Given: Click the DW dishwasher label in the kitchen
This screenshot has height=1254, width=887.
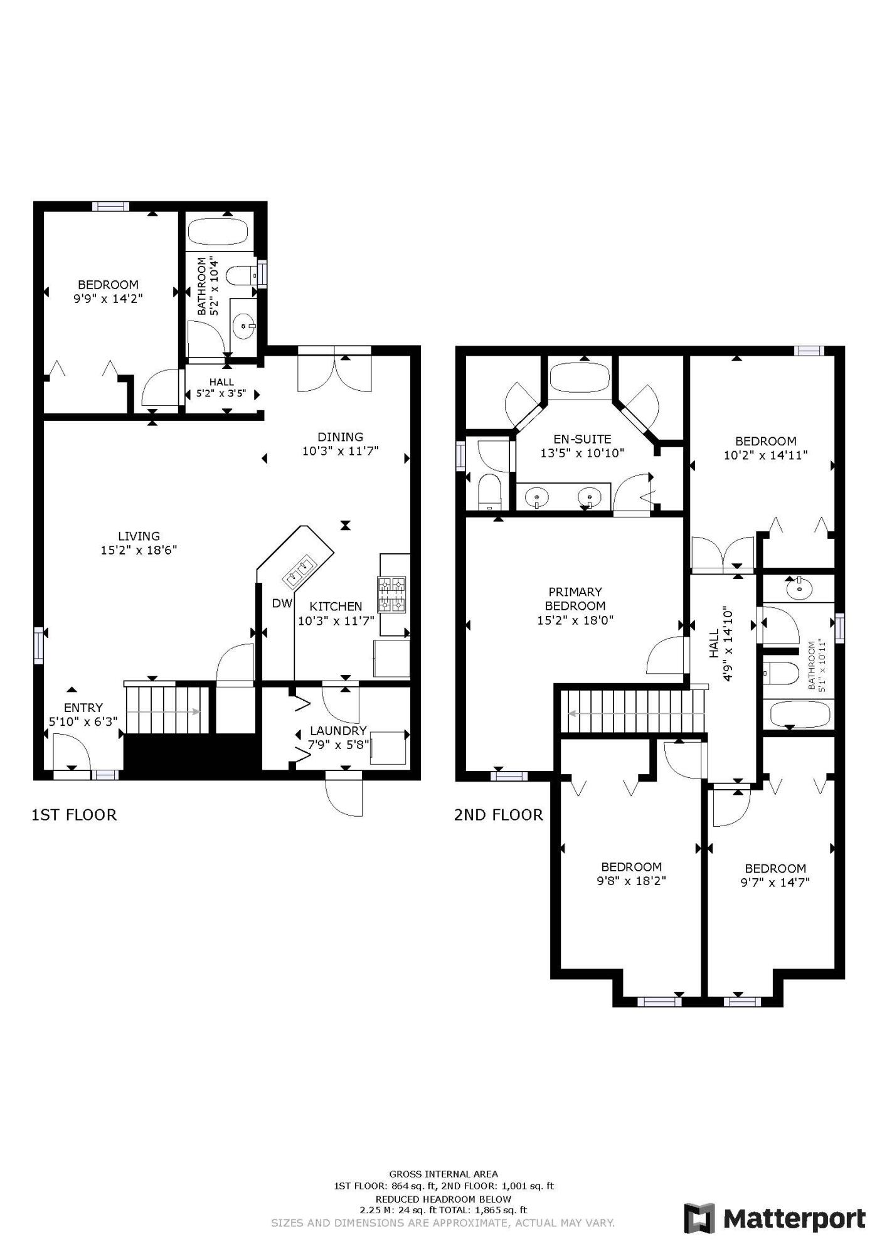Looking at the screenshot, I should [x=282, y=603].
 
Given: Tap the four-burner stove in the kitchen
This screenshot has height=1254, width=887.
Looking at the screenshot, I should [x=391, y=594].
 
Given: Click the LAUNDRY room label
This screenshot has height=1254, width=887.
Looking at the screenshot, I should [x=338, y=731].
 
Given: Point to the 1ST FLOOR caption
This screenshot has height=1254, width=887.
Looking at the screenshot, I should [x=74, y=815].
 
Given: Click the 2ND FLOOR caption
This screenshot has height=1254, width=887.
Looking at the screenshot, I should [x=498, y=815].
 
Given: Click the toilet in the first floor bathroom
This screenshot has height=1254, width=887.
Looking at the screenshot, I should [x=241, y=274].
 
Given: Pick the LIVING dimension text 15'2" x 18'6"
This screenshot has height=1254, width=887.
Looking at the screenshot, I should [x=139, y=550].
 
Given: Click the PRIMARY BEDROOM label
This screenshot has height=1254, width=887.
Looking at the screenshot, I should [x=575, y=598].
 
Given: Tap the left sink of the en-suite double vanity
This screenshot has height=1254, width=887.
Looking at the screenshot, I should [x=538, y=497].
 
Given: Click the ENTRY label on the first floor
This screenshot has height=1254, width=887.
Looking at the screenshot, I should [x=83, y=708].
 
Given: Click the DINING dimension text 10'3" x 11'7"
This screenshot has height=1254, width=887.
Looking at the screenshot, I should [x=340, y=451].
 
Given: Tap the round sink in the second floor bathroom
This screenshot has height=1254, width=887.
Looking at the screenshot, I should [x=799, y=589].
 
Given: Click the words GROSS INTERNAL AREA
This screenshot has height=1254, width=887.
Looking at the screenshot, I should [x=443, y=1174].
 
